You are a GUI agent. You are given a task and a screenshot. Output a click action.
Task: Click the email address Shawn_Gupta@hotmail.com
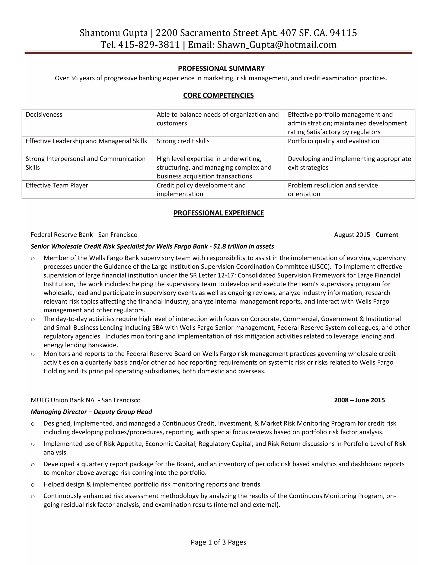tap(277, 45)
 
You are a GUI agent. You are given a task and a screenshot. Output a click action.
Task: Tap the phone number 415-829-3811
tap(149, 45)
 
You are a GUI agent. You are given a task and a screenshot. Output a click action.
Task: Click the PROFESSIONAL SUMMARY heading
tap(221, 68)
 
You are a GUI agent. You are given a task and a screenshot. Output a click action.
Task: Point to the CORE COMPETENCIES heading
tap(218, 96)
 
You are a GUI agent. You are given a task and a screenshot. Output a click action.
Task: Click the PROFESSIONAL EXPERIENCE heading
tap(218, 213)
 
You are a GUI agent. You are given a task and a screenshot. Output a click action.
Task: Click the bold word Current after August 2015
tap(387, 235)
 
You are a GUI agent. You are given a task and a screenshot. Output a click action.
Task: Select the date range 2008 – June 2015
tap(359, 400)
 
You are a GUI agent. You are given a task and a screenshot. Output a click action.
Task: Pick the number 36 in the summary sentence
tap(74, 78)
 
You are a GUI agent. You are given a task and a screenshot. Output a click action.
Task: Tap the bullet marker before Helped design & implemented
tap(33, 485)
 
